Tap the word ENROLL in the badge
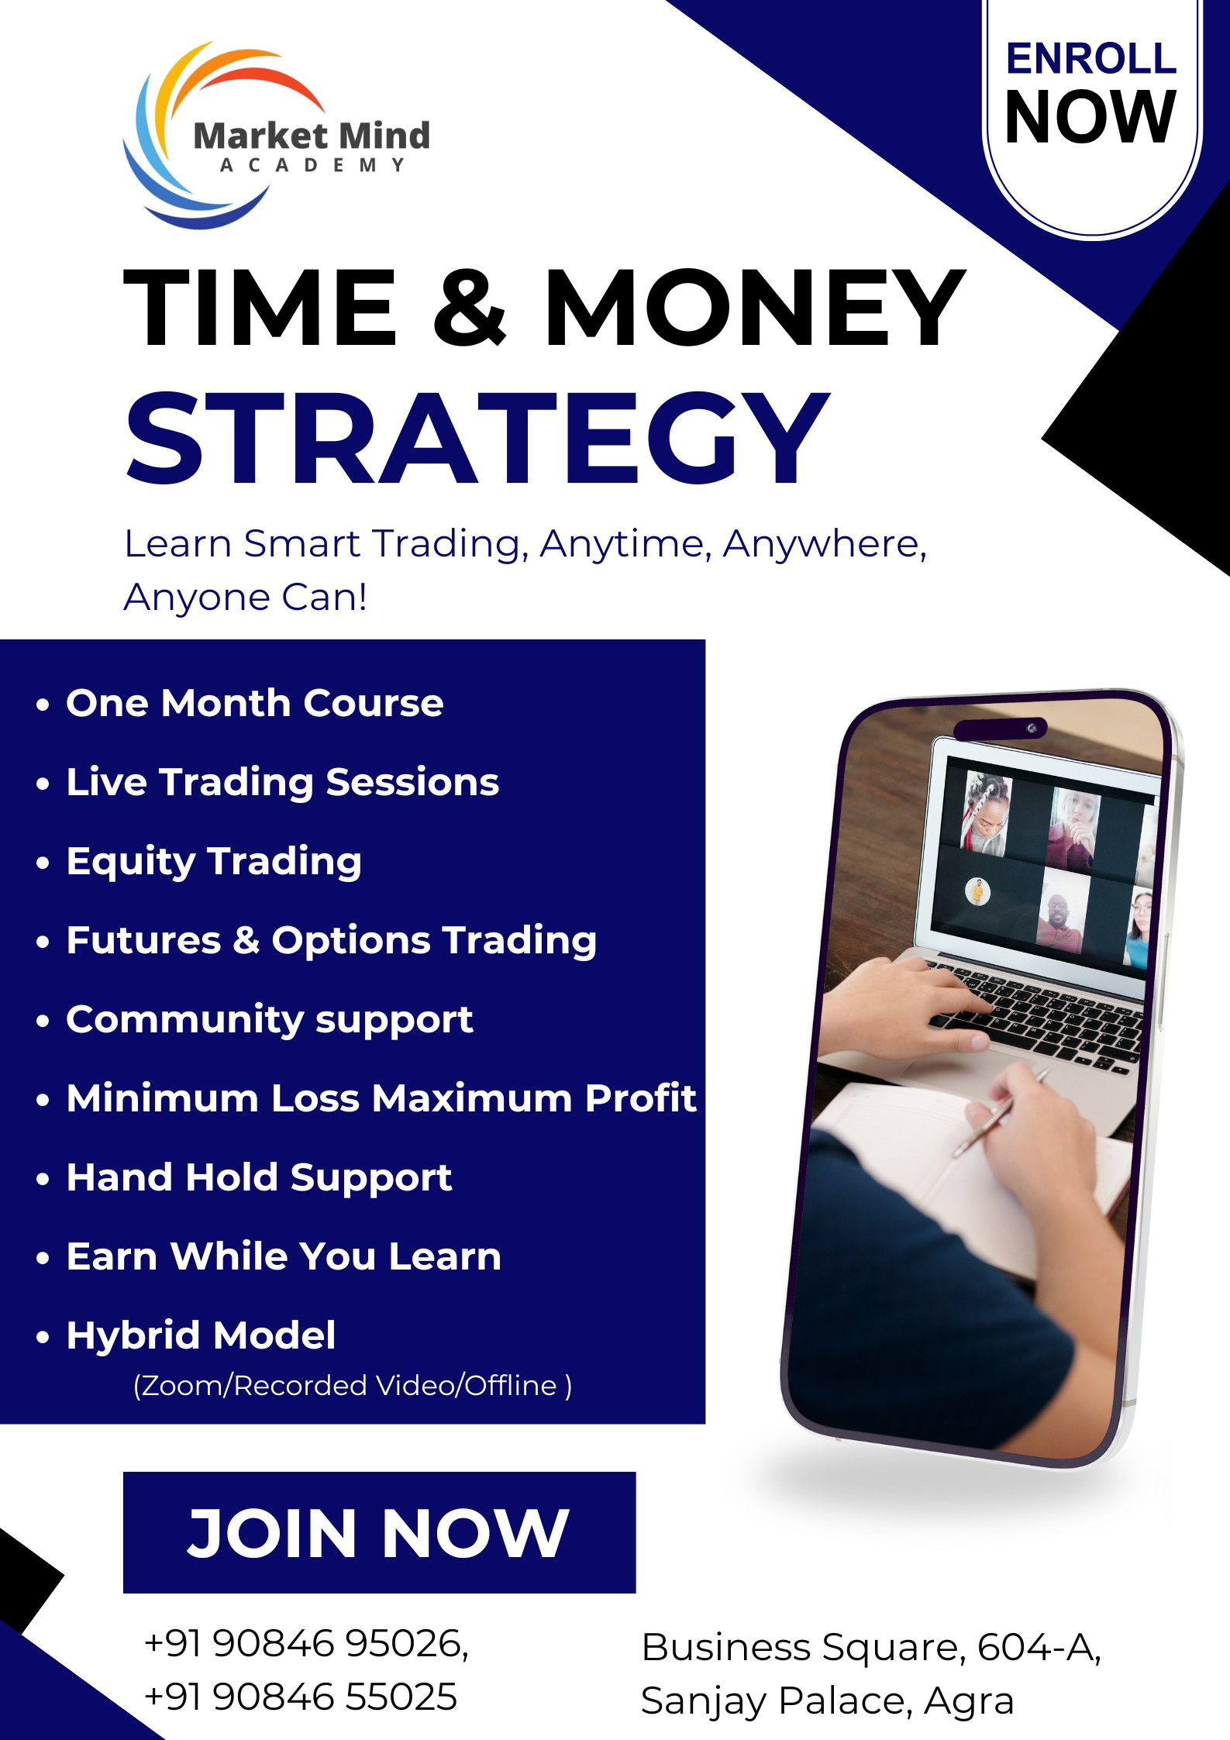click(1091, 59)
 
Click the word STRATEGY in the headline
click(477, 438)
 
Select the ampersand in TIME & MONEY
click(469, 307)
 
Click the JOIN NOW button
click(379, 1532)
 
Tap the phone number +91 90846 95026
click(306, 1643)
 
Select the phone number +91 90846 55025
click(301, 1697)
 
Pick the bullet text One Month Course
click(254, 703)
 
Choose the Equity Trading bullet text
click(214, 862)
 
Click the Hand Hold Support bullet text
click(259, 1178)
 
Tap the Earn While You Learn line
click(284, 1256)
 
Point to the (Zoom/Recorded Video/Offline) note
click(353, 1385)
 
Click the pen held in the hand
click(1000, 1112)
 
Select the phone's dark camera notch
click(1000, 729)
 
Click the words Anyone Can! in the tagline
click(245, 598)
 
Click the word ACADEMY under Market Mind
click(312, 165)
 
